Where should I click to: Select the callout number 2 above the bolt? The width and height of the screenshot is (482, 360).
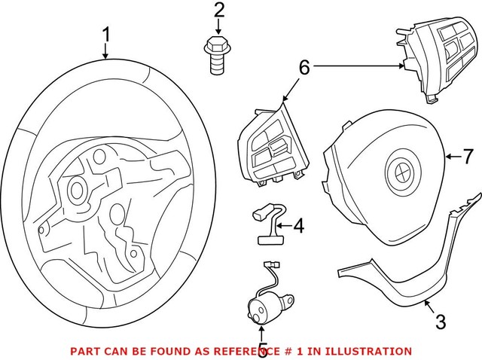coord(218,11)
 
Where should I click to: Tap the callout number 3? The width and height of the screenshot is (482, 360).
coord(441,322)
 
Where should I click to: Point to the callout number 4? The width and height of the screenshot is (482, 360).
coord(298,224)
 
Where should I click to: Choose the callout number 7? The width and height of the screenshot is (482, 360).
coord(468,157)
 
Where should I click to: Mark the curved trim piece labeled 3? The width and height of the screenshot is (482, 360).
coord(407,279)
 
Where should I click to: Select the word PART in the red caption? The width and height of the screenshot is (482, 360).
coord(84,351)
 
